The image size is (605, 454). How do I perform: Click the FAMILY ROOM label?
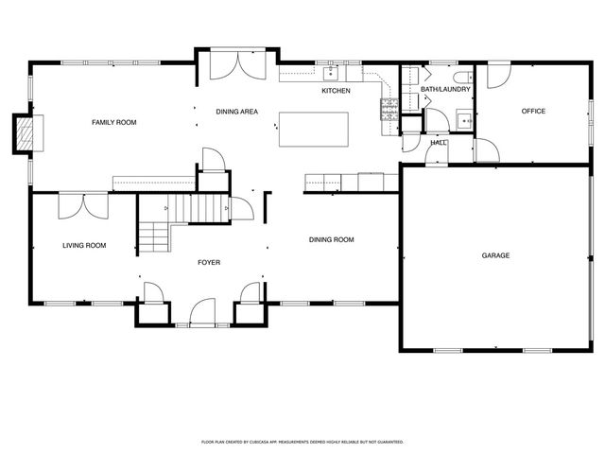click(x=113, y=122)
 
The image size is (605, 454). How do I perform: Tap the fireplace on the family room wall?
click(x=29, y=133)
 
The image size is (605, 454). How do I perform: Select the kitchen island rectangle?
click(x=313, y=129)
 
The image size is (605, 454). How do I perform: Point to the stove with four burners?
click(x=388, y=109)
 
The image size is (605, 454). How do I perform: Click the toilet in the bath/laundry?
click(x=459, y=77)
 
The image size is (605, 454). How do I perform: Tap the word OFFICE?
click(x=534, y=112)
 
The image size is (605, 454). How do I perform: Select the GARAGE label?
click(x=496, y=255)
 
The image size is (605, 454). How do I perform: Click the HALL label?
click(x=439, y=143)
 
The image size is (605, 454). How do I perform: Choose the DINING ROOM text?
click(x=331, y=239)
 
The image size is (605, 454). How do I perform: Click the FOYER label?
click(x=209, y=262)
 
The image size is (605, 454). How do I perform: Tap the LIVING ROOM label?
click(x=84, y=246)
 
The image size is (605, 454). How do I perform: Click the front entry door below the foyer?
click(x=202, y=312)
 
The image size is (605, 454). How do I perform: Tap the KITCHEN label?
click(x=336, y=91)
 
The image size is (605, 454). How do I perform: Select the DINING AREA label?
click(x=236, y=112)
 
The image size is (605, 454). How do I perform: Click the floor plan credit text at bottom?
click(x=302, y=442)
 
